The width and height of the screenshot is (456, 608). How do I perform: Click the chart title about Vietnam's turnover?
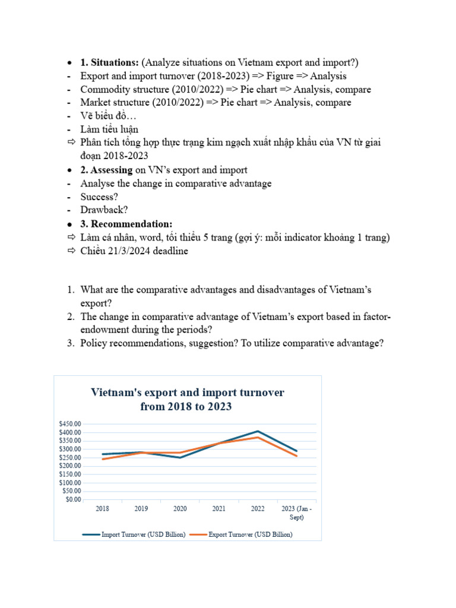[187, 400]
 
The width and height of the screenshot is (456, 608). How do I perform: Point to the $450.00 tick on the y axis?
[69, 424]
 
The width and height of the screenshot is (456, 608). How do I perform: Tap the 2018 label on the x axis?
[102, 509]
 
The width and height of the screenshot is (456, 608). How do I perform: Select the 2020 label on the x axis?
[180, 509]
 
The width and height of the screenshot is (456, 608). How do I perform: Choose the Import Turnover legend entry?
[134, 534]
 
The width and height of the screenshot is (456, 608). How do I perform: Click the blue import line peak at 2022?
[258, 431]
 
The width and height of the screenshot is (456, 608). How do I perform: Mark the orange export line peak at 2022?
[258, 438]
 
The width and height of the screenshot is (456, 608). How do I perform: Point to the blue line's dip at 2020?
[180, 457]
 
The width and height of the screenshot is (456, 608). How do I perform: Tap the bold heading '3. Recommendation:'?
[126, 224]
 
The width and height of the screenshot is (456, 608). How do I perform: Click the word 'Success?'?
[99, 197]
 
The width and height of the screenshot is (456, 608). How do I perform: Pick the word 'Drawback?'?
[104, 210]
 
